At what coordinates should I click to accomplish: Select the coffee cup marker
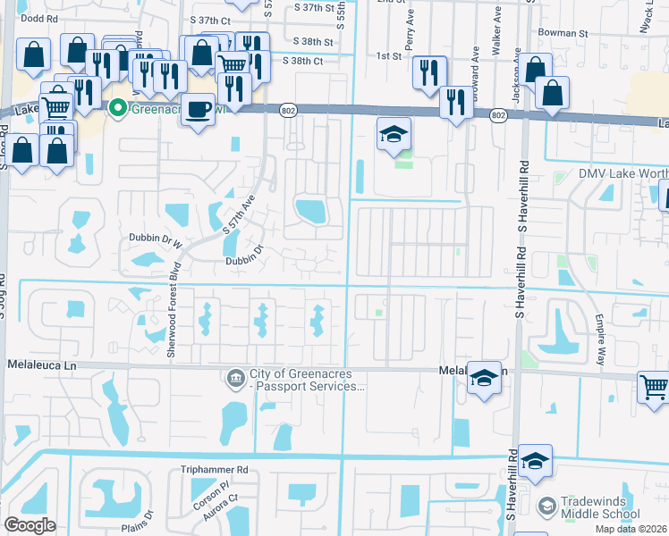[x=199, y=110]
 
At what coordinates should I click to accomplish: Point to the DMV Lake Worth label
[x=617, y=173]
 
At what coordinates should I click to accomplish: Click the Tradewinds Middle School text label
[x=600, y=507]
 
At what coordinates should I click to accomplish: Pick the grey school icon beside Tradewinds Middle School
[x=546, y=507]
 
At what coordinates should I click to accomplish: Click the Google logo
[x=30, y=525]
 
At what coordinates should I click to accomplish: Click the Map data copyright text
[x=630, y=530]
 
